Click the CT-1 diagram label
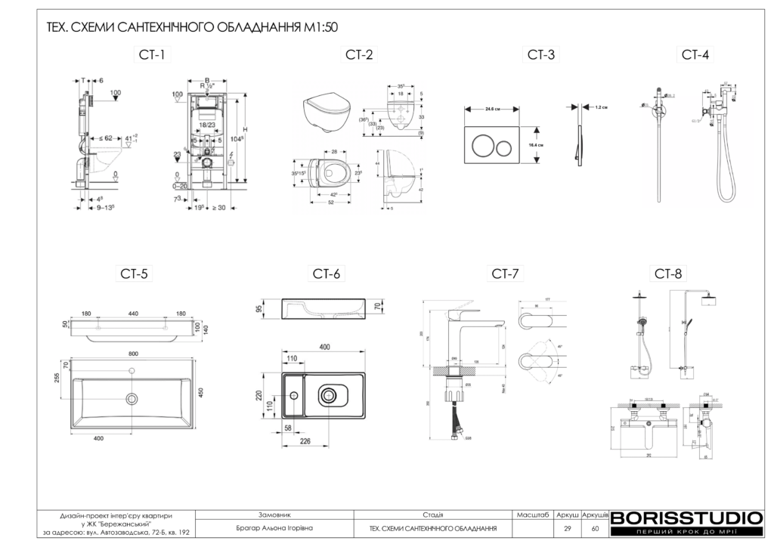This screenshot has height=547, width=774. tap(151, 54)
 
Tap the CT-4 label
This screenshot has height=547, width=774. tap(695, 54)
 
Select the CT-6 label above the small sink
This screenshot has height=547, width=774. tap(327, 273)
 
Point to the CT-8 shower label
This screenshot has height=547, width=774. tap(669, 273)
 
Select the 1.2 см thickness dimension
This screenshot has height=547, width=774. tap(602, 107)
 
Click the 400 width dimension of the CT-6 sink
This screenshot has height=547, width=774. tap(324, 347)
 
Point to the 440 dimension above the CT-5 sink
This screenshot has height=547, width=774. tap(133, 313)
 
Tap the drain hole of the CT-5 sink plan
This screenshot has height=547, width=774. tap(133, 398)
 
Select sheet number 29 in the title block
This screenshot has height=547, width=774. tap(567, 528)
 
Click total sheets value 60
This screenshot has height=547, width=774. tap(595, 528)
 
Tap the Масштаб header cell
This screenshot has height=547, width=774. tap(532, 515)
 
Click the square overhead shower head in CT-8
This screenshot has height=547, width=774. tap(708, 303)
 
